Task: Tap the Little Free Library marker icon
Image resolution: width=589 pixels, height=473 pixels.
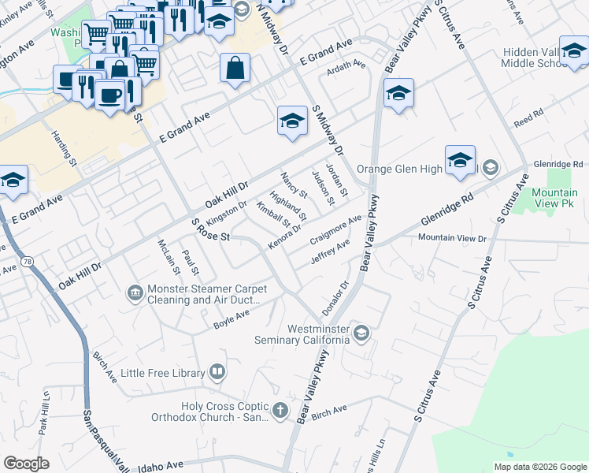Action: (x=217, y=371)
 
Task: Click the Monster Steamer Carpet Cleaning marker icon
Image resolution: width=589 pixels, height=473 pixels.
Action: (x=135, y=293)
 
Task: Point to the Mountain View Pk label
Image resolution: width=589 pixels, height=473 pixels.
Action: (x=554, y=199)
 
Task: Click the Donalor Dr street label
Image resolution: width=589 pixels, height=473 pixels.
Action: (x=335, y=296)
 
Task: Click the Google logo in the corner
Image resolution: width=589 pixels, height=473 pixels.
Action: (x=26, y=464)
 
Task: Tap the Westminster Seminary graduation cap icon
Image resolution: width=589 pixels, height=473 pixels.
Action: (x=361, y=332)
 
